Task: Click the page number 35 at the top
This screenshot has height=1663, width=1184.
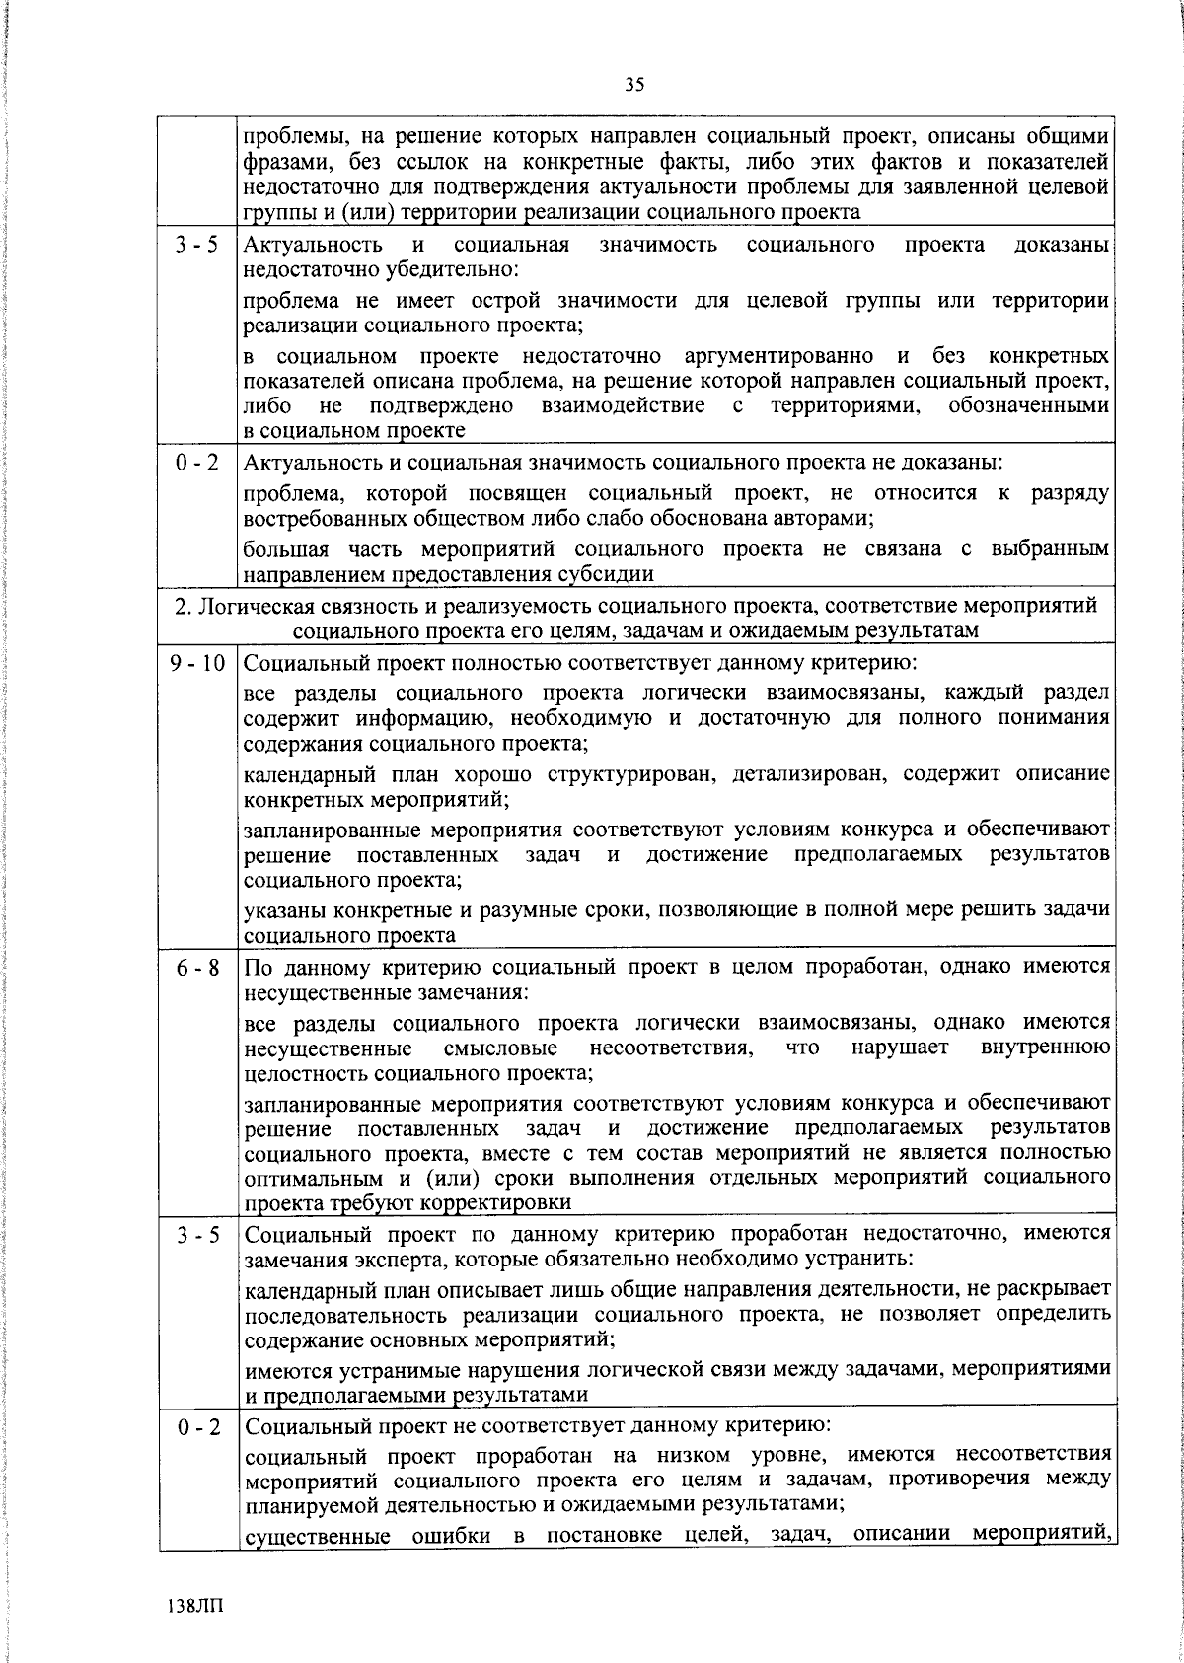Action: (634, 85)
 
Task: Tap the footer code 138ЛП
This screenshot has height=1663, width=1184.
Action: (196, 1606)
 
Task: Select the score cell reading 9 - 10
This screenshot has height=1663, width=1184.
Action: (197, 664)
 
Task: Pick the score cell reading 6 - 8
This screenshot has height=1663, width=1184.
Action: (197, 970)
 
